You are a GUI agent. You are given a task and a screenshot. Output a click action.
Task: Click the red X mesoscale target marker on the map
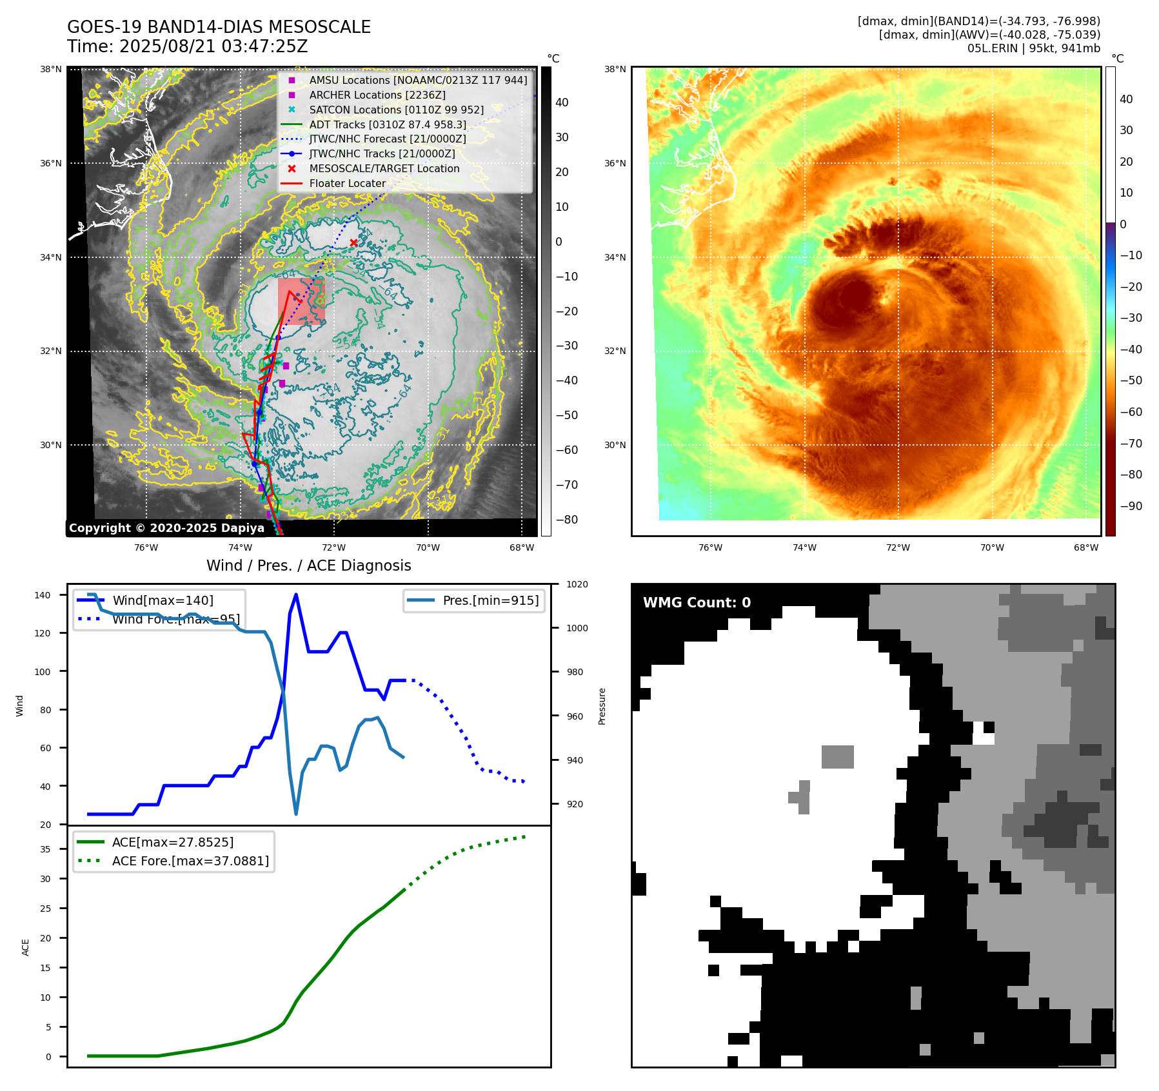coord(353,242)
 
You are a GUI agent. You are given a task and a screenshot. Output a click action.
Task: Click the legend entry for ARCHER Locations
coord(377,95)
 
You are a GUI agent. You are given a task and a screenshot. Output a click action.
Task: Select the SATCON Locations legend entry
coord(396,110)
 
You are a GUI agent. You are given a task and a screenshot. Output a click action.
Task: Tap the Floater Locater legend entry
coord(347,183)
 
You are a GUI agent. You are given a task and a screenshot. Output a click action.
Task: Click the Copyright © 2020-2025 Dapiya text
coord(166,528)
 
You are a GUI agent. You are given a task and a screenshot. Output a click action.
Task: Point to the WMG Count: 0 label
coord(697,602)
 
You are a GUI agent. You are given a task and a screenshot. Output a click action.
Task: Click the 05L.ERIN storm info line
coord(1033,48)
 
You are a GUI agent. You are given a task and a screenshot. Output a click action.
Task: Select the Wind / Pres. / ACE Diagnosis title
coord(308,565)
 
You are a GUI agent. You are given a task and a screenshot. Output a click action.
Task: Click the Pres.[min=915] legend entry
coord(490,600)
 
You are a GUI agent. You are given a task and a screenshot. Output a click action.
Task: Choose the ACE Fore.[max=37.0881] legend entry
coord(190,861)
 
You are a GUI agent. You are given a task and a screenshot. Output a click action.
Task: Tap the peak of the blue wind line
coord(295,595)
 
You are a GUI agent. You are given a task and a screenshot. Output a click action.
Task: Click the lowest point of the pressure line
coord(296,814)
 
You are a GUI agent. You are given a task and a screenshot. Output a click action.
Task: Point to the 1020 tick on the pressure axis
coord(577,584)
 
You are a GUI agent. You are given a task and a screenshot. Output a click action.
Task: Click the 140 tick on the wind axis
coord(43,595)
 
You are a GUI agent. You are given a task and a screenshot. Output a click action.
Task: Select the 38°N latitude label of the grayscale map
coord(51,70)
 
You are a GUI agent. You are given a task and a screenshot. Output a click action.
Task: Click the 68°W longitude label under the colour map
coord(1086,547)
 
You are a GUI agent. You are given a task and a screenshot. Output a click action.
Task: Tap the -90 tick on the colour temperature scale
coord(1131,506)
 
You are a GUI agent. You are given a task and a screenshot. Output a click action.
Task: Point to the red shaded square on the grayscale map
coord(301,301)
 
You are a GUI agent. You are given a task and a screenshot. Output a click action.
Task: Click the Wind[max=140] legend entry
coord(163,600)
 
